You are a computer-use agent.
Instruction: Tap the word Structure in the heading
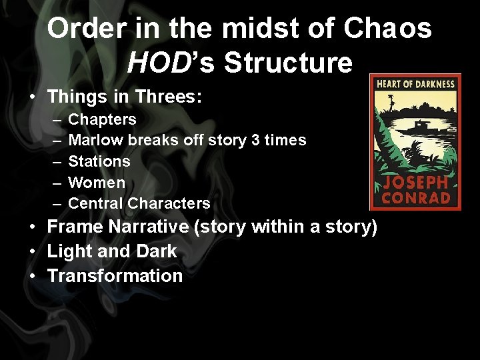click(x=288, y=62)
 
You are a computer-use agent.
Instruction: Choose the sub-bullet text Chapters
click(x=102, y=119)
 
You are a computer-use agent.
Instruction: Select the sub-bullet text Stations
click(x=99, y=161)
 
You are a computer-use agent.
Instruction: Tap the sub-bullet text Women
click(x=97, y=182)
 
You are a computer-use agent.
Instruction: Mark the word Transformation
click(x=115, y=276)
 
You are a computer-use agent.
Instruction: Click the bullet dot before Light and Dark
click(x=33, y=252)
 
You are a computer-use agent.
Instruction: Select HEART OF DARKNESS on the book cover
click(x=415, y=85)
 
